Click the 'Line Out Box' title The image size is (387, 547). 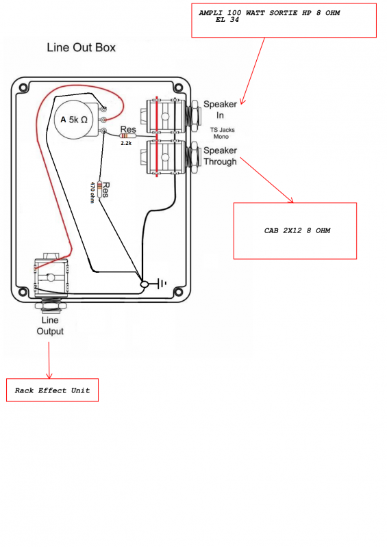coord(81,47)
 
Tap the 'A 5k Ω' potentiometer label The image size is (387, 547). coord(74,120)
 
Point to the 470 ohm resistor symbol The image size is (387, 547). coord(100,189)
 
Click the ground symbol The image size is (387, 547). coord(161,283)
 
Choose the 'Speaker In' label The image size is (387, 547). coord(221,109)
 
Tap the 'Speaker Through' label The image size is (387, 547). coord(221,156)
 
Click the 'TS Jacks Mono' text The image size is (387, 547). coord(223,133)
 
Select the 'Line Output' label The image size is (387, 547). coord(50,325)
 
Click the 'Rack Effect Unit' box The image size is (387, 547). coord(53,390)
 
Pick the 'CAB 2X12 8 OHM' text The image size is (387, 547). coord(297,230)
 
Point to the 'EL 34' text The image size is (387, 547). coord(227,20)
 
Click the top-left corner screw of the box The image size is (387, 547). coord(23,88)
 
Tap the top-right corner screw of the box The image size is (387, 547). coord(178,88)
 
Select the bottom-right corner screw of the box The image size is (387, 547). coord(178,292)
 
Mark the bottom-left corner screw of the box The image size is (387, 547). coord(23,292)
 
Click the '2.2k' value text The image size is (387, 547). coord(126,143)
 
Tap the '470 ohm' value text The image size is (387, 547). coord(92,192)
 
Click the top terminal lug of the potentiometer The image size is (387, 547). coord(103,109)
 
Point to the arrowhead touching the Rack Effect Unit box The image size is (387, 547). coord(49,376)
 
